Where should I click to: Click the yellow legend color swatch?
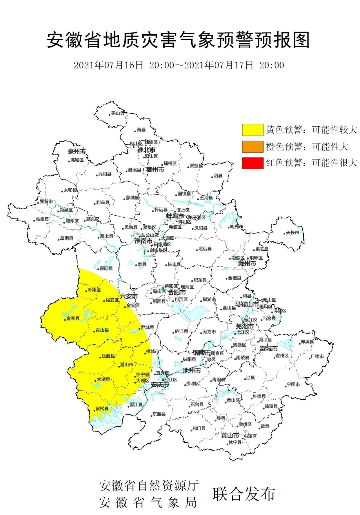(x=253, y=130)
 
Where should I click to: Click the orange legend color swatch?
(x=253, y=147)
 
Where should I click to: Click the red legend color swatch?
(x=253, y=163)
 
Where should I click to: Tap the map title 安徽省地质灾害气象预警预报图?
(x=179, y=40)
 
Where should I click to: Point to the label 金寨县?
(x=73, y=318)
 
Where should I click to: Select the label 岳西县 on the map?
(x=108, y=356)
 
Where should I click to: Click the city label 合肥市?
(x=177, y=292)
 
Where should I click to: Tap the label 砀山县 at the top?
(x=118, y=113)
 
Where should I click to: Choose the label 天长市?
(x=292, y=233)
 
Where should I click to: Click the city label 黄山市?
(x=230, y=435)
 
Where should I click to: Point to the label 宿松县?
(x=102, y=409)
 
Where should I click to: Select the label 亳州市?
(x=77, y=151)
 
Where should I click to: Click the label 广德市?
(x=317, y=356)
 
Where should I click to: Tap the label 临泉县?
(x=42, y=219)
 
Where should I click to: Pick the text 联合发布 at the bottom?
(x=244, y=494)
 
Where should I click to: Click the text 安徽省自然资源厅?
(x=149, y=485)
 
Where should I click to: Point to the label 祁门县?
(x=199, y=428)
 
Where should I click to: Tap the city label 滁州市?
(x=247, y=264)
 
